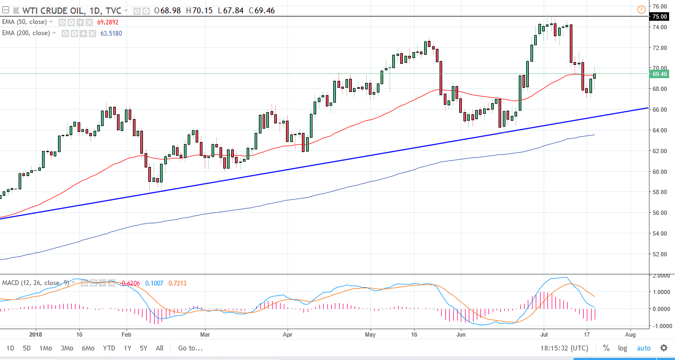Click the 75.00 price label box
(x=660, y=16)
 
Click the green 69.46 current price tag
(x=660, y=74)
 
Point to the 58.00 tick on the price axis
(x=660, y=192)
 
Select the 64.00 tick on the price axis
(x=660, y=130)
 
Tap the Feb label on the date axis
(x=126, y=336)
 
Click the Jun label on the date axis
(x=461, y=336)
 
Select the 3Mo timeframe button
(x=66, y=348)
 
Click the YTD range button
(x=109, y=348)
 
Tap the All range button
(x=159, y=348)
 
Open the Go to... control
(x=190, y=348)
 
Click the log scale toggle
(x=622, y=348)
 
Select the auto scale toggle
(x=643, y=348)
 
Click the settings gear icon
(x=664, y=348)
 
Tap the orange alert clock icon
(x=642, y=9)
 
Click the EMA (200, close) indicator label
(x=26, y=33)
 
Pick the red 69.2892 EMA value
(x=108, y=22)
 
